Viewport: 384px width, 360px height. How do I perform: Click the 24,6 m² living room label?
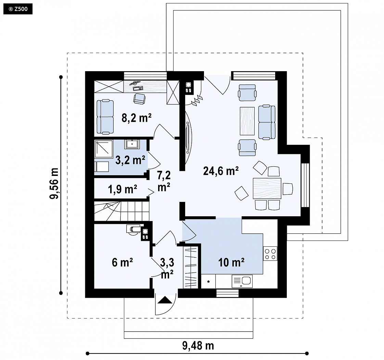pos(221,171)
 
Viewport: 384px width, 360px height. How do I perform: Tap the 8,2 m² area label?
pos(137,118)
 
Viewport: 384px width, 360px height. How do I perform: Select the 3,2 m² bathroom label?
pos(130,160)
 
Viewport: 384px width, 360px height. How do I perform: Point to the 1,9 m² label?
pos(123,189)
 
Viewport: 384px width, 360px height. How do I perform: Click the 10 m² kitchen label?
pos(231,262)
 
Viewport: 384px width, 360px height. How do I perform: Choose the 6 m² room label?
pos(122,262)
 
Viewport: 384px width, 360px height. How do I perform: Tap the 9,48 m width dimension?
pos(198,346)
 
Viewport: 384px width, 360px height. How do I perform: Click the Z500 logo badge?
pos(18,9)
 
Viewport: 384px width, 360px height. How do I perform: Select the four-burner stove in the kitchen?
pos(270,254)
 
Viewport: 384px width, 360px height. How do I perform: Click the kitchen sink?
pos(242,281)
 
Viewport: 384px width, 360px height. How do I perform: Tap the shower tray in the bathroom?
pos(104,149)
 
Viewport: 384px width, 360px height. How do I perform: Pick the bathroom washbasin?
pos(132,144)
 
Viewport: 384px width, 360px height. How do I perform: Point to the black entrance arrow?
pos(165,300)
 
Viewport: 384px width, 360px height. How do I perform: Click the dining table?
pos(267,188)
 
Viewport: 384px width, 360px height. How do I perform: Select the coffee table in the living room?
pos(247,121)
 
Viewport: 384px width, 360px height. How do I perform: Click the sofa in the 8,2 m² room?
pos(105,117)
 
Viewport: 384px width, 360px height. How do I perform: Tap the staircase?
pos(122,211)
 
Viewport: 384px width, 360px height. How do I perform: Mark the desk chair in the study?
pos(139,99)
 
